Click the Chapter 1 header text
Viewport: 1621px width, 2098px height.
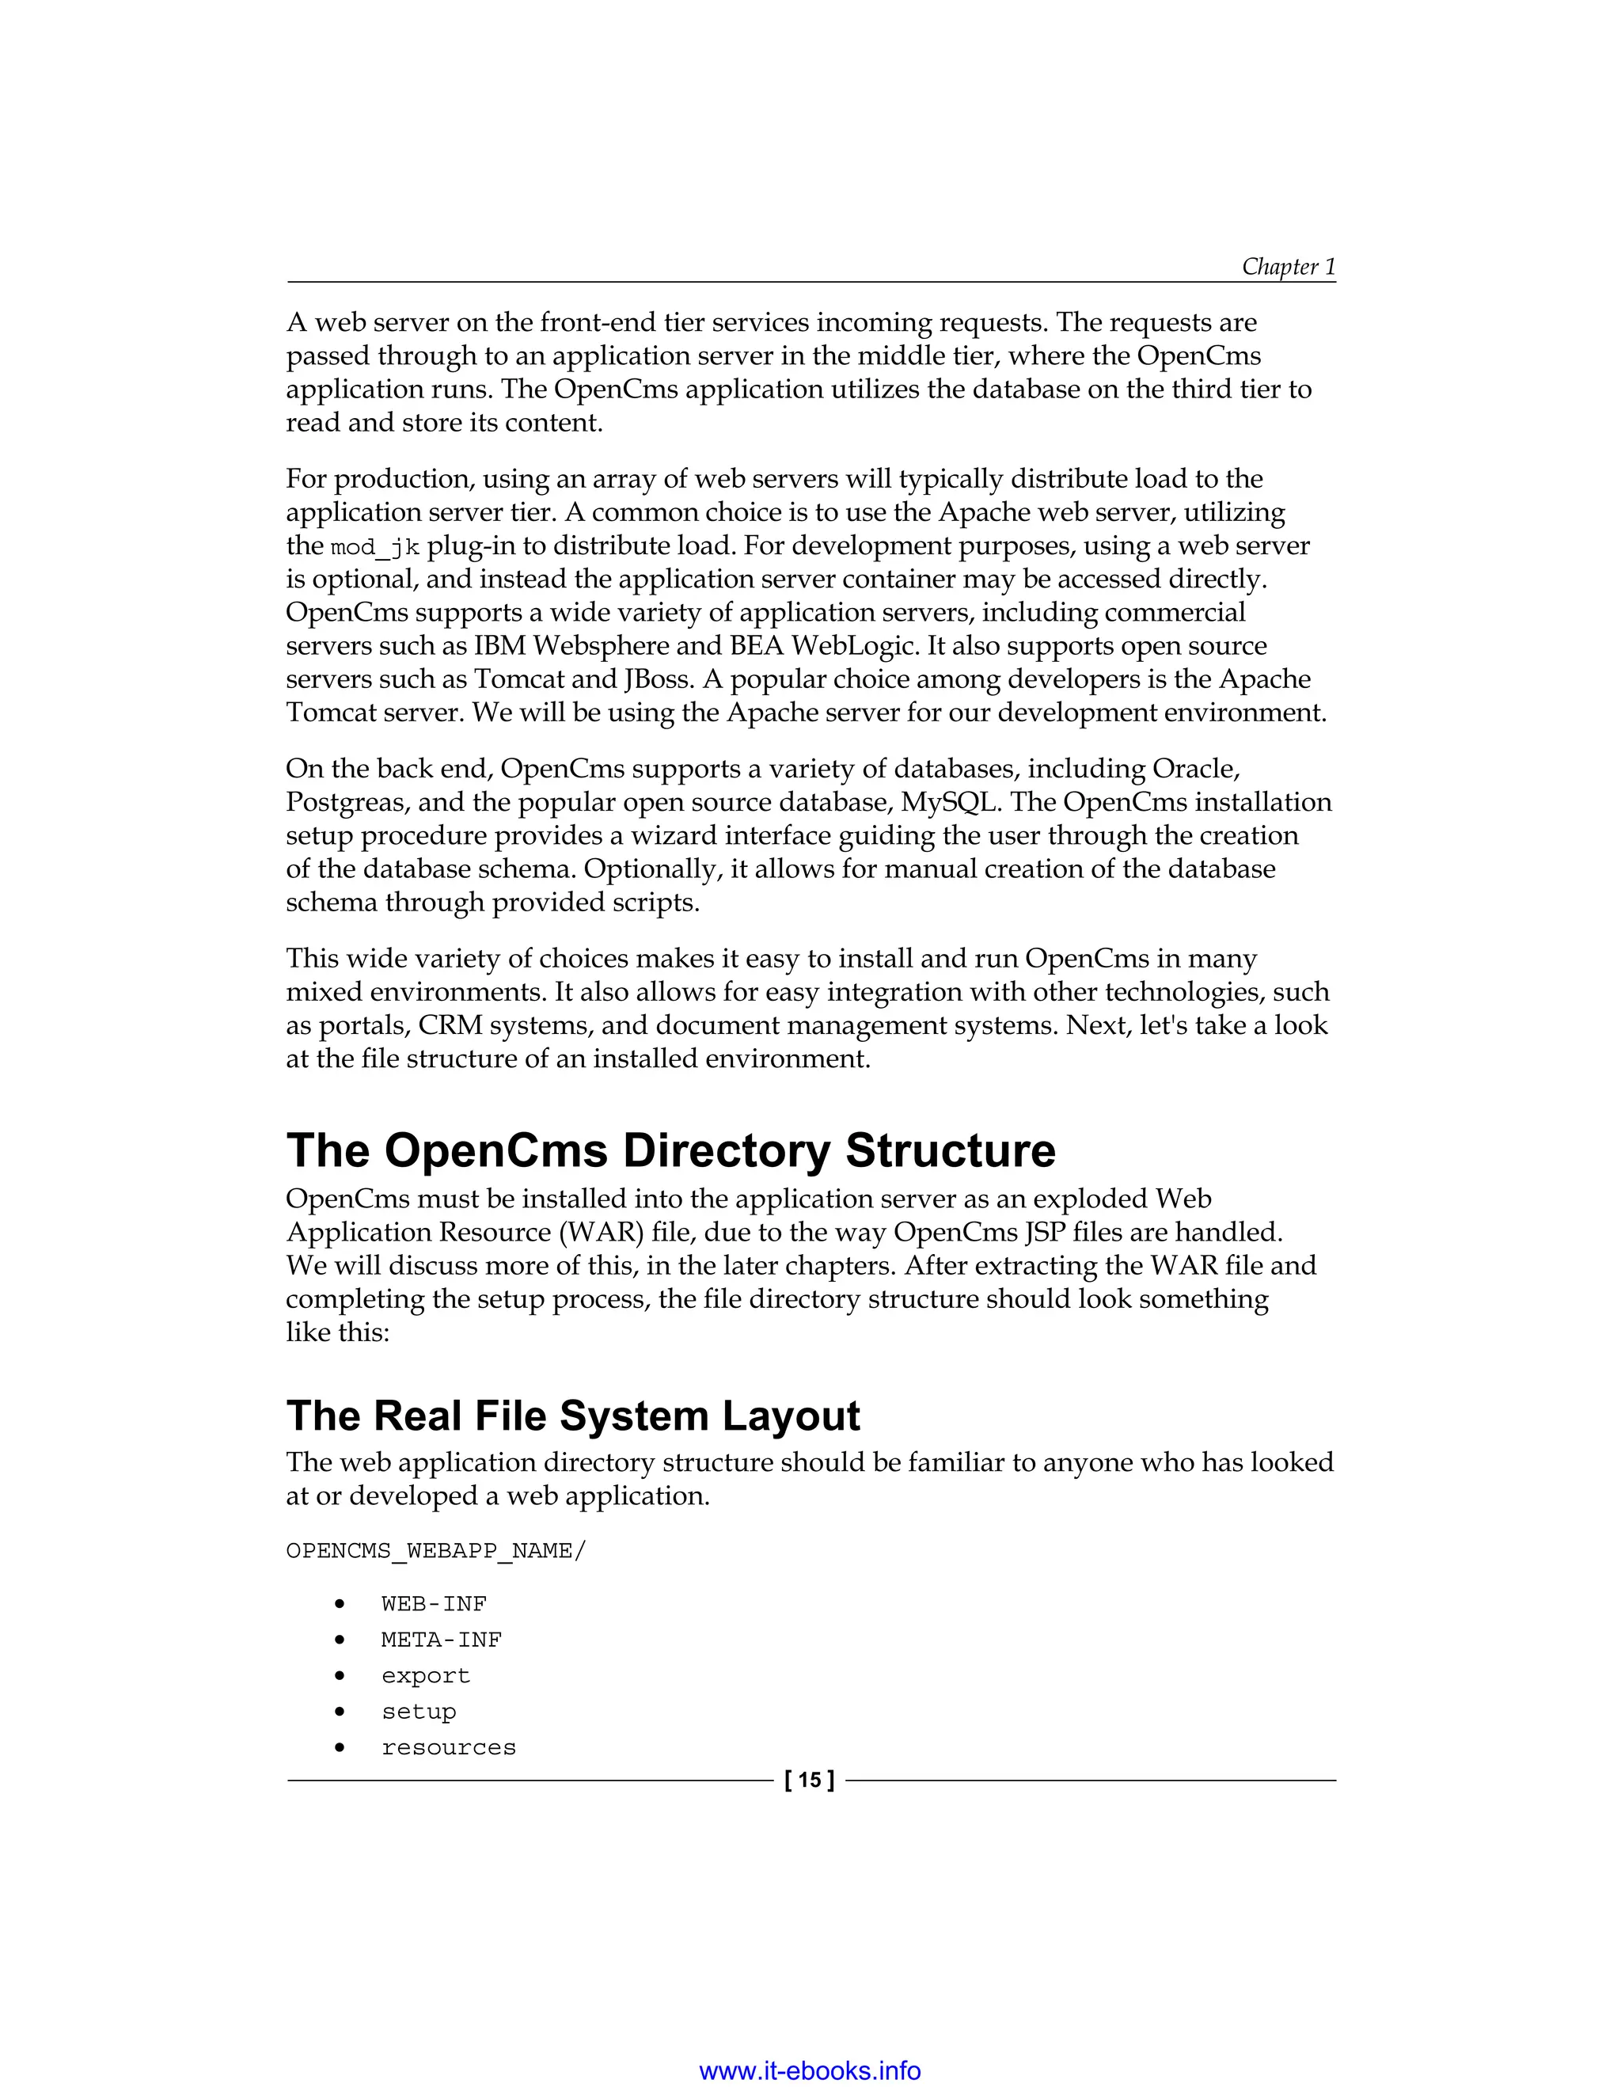pos(1288,266)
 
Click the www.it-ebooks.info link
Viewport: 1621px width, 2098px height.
pos(810,2069)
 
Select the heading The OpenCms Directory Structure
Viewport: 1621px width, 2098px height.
pos(670,1150)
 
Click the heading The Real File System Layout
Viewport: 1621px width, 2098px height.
pos(573,1416)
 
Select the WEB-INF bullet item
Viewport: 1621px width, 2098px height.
pos(434,1604)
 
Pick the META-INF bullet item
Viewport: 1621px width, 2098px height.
pos(442,1640)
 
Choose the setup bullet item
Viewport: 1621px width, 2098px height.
pos(419,1712)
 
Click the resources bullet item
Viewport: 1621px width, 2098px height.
pos(449,1747)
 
